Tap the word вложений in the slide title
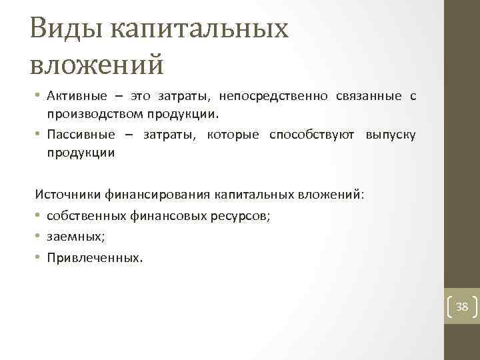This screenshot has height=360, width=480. pyautogui.click(x=97, y=65)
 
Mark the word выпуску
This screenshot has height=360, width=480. pyautogui.click(x=391, y=135)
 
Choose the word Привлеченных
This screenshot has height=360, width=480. pyautogui.click(x=94, y=256)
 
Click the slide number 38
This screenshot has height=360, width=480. pyautogui.click(x=462, y=307)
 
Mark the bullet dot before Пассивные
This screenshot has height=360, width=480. pyautogui.click(x=38, y=135)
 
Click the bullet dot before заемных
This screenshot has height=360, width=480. pyautogui.click(x=38, y=236)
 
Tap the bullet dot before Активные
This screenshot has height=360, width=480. pyautogui.click(x=38, y=96)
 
